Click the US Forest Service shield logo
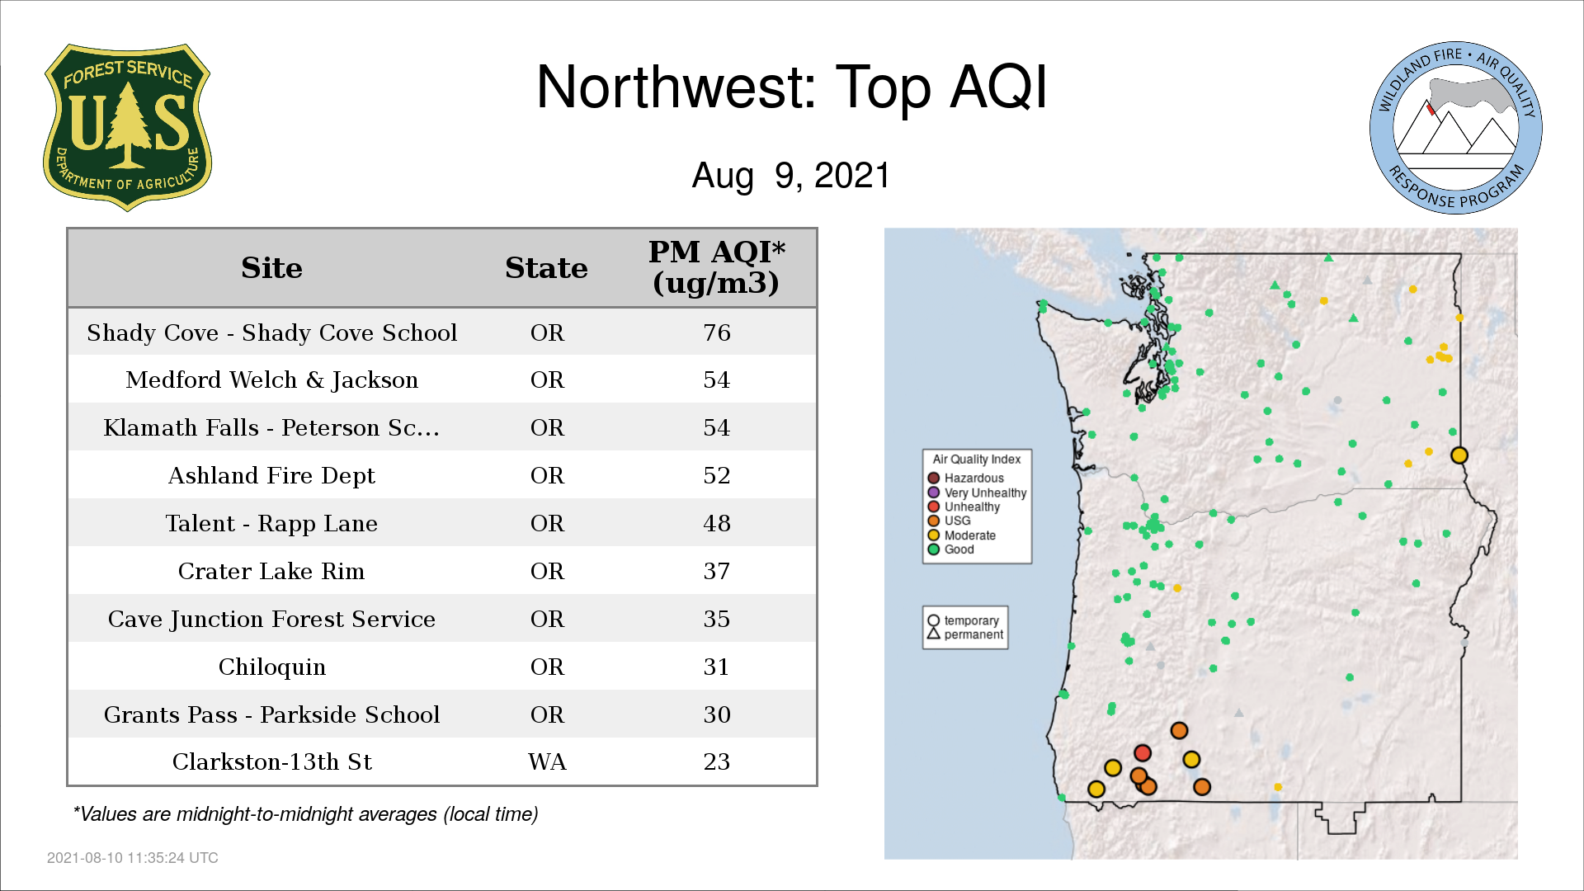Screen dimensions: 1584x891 click(x=127, y=127)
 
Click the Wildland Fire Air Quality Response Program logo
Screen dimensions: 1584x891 click(x=1456, y=128)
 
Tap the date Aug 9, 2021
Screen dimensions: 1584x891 click(x=791, y=176)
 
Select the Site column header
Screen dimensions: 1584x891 click(x=271, y=268)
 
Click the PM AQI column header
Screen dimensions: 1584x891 click(x=716, y=267)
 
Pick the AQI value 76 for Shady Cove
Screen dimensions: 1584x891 click(x=717, y=332)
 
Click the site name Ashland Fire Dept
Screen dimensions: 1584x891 click(x=271, y=476)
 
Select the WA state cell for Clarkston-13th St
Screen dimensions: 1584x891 click(x=547, y=761)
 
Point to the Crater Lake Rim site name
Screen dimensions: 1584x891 click(x=271, y=571)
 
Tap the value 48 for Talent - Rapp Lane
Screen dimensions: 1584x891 click(x=717, y=523)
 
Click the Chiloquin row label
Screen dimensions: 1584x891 click(x=271, y=667)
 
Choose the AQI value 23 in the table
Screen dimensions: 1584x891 click(x=717, y=761)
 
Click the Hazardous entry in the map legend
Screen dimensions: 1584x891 click(x=966, y=478)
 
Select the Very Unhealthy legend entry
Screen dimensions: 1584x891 click(x=978, y=493)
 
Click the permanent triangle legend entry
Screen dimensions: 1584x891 click(x=965, y=634)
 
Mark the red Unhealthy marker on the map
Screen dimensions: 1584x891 click(x=1143, y=753)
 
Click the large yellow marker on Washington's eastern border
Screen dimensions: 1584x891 click(x=1459, y=455)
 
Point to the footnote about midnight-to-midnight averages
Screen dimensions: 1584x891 click(x=305, y=814)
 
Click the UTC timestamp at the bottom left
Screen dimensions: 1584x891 click(x=133, y=858)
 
